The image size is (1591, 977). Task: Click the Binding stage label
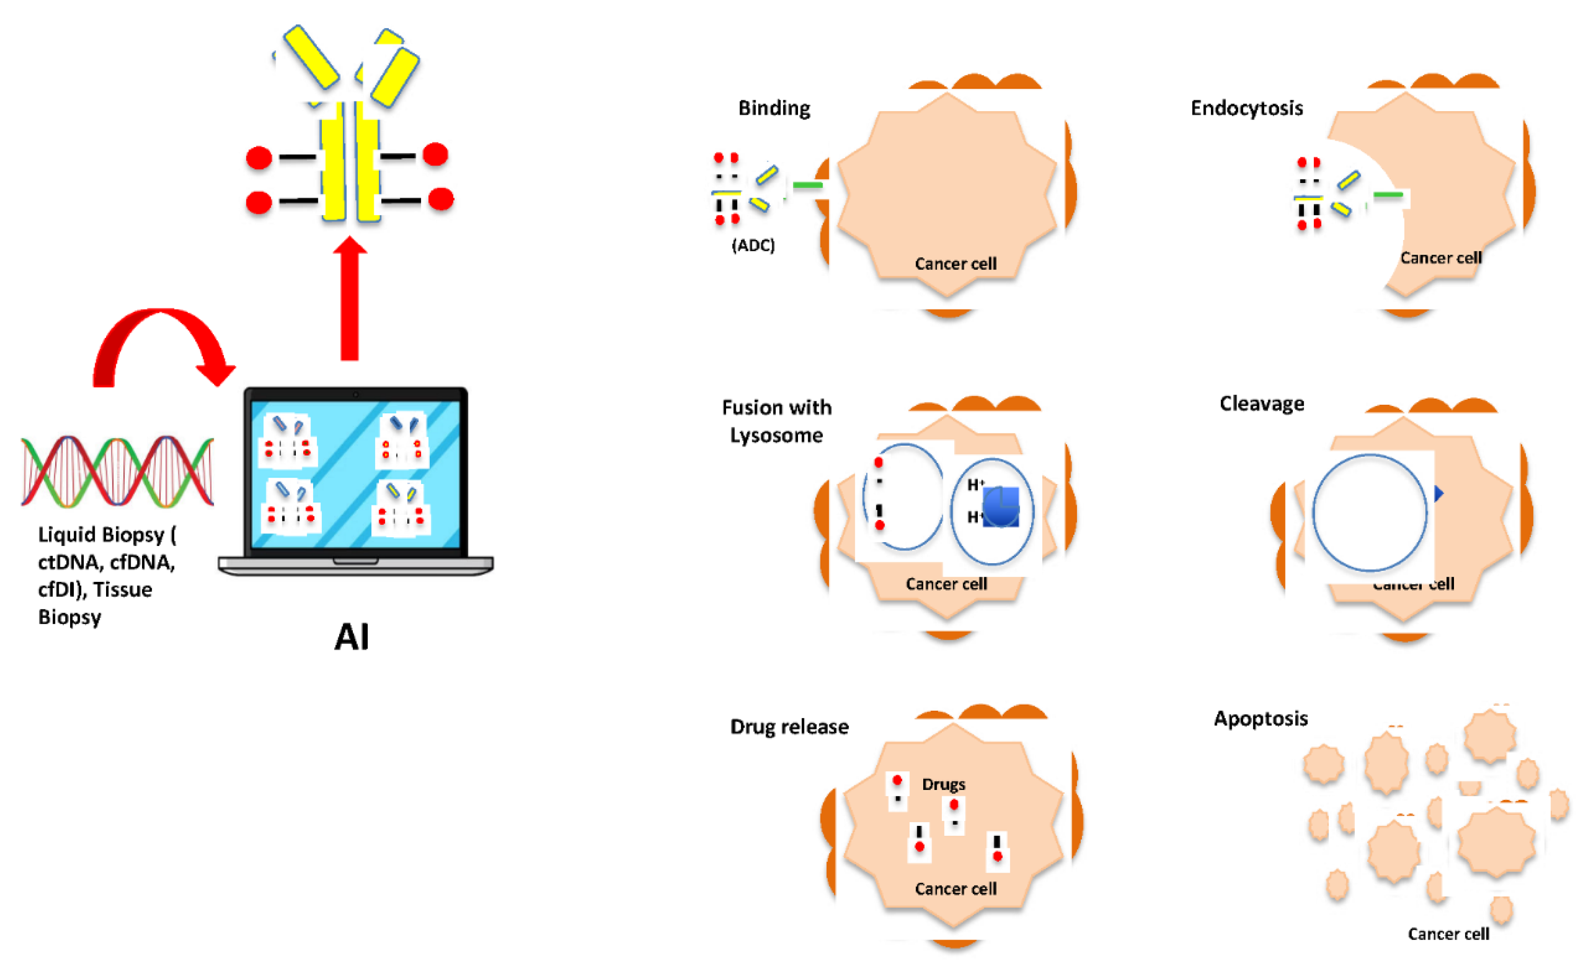[774, 108]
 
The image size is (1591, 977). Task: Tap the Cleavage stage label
[1261, 404]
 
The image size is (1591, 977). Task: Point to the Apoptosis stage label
[1260, 718]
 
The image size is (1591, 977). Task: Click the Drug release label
[789, 727]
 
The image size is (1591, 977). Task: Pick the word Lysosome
[776, 436]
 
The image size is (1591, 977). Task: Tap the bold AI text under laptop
[351, 637]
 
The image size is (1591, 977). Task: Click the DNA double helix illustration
[117, 472]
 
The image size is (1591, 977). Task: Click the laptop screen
[355, 475]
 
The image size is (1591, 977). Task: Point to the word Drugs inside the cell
[943, 784]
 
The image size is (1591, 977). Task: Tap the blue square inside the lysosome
[1000, 507]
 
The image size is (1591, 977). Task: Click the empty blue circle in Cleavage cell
[1369, 513]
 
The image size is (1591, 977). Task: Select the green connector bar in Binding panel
[808, 185]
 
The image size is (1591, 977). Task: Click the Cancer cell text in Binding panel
[956, 264]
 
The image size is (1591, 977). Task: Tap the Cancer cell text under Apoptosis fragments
[1448, 934]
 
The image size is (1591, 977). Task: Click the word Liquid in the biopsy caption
[66, 535]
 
